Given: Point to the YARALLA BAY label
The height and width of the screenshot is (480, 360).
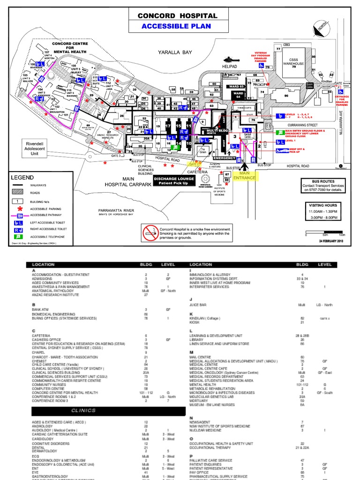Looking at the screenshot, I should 175,52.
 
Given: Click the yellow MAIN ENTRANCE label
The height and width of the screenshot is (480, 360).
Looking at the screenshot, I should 245,175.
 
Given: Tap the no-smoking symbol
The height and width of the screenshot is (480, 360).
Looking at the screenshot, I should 151,230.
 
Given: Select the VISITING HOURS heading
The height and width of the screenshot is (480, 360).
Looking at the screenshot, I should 322,205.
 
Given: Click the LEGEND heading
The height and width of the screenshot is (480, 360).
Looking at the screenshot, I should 22,178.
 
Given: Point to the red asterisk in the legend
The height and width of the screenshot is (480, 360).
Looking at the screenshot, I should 19,209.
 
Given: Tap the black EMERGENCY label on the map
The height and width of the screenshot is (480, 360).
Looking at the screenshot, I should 224,145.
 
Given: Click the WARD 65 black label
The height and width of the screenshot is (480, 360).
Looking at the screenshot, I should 236,87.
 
